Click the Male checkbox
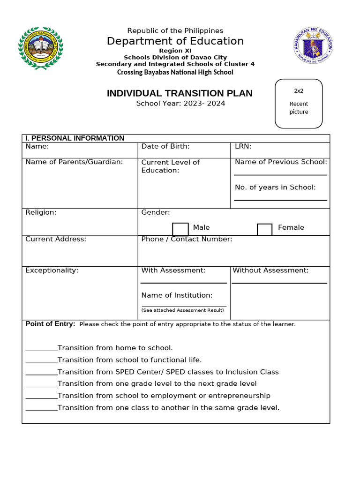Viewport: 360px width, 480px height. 180,229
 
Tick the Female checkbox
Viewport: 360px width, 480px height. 264,230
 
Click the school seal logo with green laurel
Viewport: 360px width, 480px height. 40,48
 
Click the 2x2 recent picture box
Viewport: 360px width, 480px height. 299,104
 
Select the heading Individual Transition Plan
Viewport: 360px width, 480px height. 180,93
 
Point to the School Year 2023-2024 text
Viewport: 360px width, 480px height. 180,103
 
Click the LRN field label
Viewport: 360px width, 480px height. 243,146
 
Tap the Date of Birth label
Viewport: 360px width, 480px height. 165,146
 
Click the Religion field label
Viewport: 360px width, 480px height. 41,212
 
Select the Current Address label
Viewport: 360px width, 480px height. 56,239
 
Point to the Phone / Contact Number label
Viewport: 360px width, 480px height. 187,239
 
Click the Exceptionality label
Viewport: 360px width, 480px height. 52,270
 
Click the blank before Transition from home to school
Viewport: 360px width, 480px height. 41,349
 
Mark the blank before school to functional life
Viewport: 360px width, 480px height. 41,361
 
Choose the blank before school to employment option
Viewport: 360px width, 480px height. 41,397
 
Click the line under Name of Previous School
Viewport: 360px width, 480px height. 280,174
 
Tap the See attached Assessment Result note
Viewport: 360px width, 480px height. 183,310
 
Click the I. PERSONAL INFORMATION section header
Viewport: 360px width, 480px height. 75,138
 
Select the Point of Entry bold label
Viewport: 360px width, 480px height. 50,324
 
